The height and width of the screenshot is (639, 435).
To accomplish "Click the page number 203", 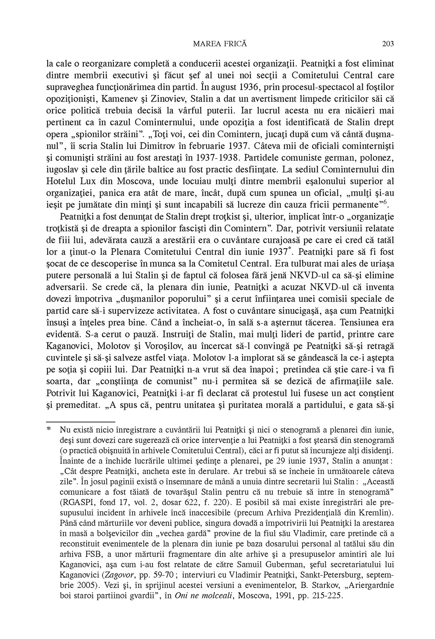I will [388, 43].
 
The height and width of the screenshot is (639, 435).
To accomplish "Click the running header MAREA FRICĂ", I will [220, 43].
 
